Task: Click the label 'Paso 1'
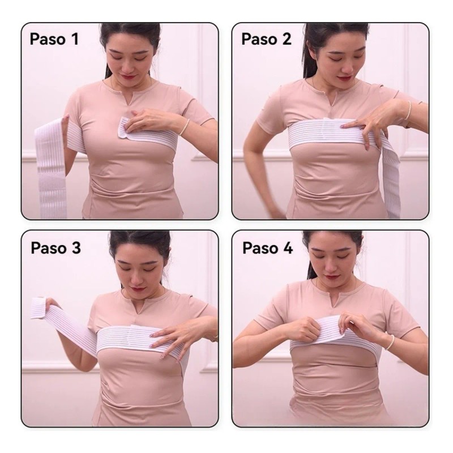point(54,39)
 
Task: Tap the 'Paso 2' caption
point(266,39)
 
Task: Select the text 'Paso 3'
point(55,248)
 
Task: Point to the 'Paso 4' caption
point(267,248)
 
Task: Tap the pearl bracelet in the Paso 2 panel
point(408,110)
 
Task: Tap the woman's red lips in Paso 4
point(331,277)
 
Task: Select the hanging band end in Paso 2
point(391,179)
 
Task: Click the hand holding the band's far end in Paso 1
point(66,124)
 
